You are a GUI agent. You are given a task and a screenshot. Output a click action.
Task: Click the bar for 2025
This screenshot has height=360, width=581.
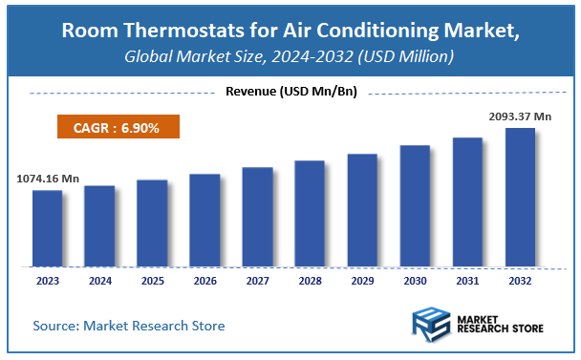[152, 222]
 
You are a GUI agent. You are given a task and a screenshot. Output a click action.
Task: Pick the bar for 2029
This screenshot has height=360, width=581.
[362, 209]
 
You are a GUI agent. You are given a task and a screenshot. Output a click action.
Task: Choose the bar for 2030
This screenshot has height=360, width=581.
[415, 205]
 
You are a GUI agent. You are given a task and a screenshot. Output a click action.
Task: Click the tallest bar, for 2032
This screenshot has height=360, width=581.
[520, 197]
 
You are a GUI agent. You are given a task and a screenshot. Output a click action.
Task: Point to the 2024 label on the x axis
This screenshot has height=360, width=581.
[99, 282]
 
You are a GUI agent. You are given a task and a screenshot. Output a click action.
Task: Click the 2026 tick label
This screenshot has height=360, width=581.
[204, 282]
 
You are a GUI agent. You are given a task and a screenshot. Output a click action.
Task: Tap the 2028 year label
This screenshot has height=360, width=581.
[310, 282]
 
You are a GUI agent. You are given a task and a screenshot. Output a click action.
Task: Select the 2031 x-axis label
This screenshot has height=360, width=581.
[467, 282]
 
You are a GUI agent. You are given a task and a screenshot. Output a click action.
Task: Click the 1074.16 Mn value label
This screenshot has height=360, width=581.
[47, 178]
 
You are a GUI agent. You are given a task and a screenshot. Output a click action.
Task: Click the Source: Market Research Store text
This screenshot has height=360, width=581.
[128, 326]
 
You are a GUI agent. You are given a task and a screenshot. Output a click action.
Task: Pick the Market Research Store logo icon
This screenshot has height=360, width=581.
[431, 325]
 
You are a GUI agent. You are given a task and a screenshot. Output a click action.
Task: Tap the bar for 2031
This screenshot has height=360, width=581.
[467, 201]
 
